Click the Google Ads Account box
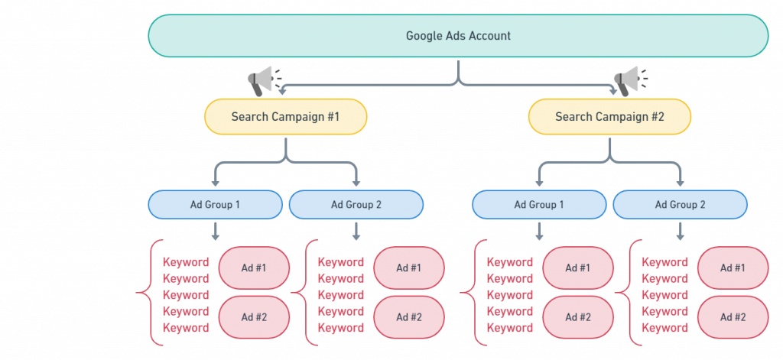(457, 36)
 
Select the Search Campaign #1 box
(285, 117)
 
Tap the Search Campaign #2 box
(609, 117)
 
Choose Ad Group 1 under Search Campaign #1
(215, 205)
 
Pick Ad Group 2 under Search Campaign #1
(356, 205)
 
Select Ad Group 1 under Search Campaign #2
(539, 205)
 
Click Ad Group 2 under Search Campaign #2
(680, 205)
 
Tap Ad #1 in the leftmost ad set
(255, 268)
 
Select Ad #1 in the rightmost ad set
(733, 268)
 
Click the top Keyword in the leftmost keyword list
(186, 262)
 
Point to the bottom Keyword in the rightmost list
(664, 328)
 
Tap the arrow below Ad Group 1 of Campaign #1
(215, 230)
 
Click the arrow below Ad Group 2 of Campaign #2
(680, 230)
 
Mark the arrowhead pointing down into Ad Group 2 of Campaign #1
(356, 182)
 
